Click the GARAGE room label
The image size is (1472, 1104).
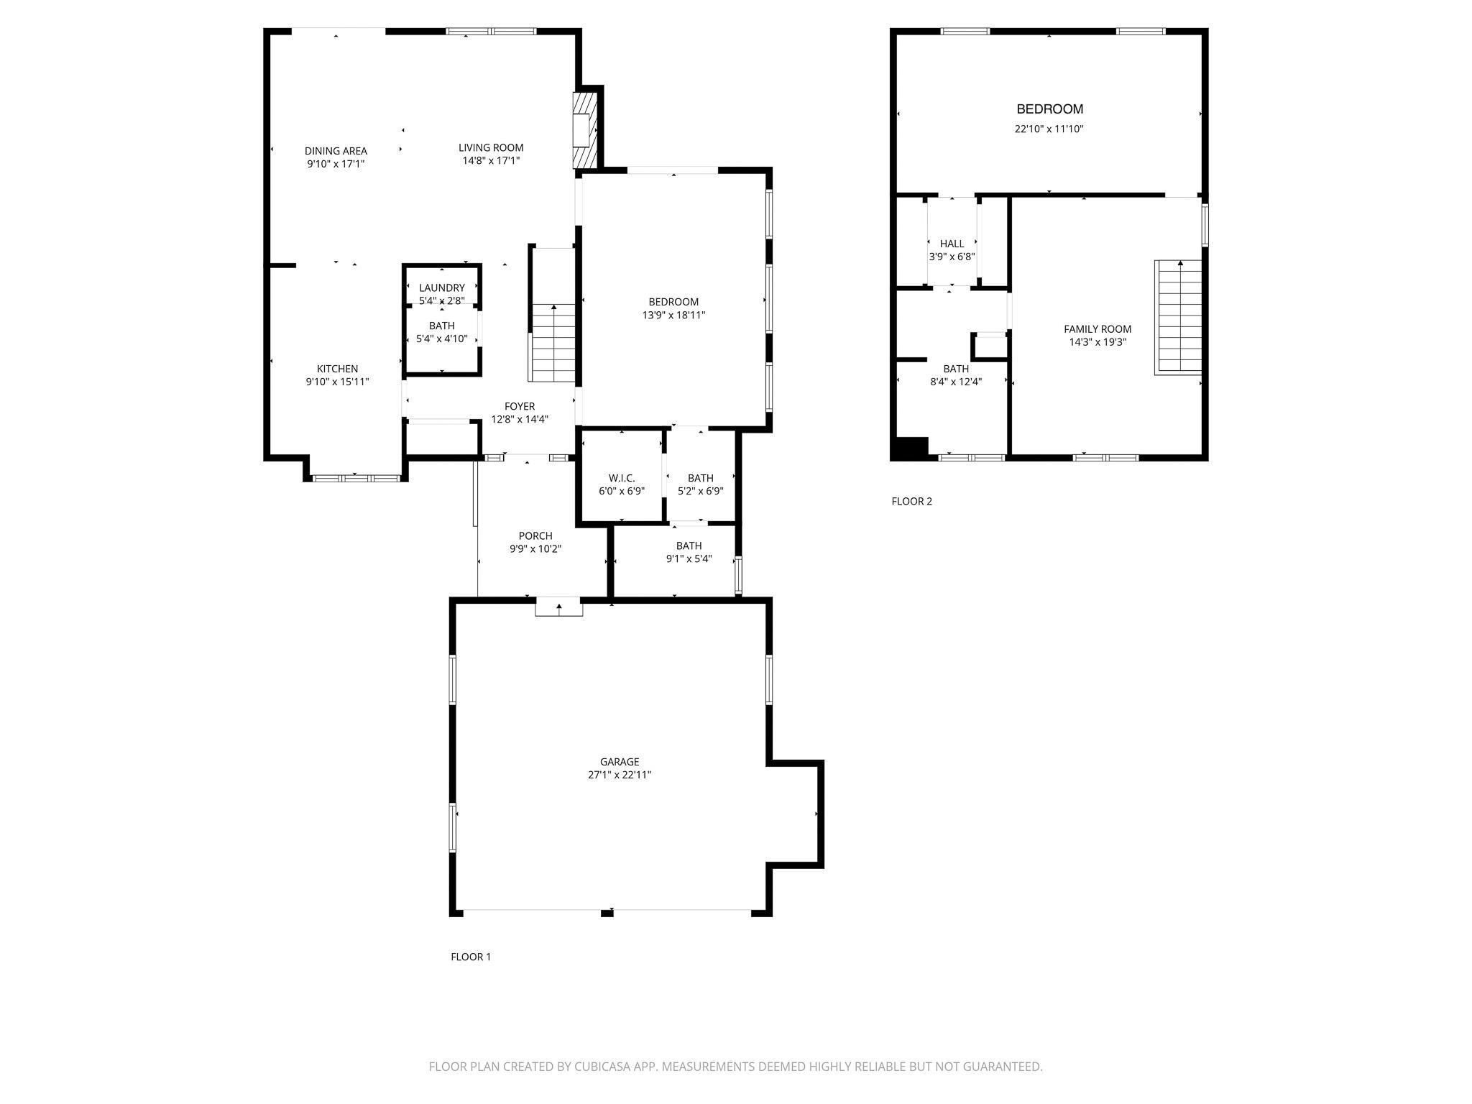619,762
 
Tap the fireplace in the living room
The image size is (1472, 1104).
584,130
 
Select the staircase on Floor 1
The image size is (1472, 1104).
553,342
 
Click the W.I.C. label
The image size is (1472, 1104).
621,478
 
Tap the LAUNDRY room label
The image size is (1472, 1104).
441,288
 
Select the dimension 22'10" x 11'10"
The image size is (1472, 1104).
1049,129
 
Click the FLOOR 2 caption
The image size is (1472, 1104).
911,502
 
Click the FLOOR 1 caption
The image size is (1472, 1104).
470,957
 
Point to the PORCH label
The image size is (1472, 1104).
535,536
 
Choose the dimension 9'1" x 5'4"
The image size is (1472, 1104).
689,558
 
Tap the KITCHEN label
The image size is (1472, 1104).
337,369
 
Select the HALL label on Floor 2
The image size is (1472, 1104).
952,244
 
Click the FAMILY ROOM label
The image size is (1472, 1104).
1097,329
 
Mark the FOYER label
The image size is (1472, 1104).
519,407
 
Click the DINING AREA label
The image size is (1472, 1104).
336,151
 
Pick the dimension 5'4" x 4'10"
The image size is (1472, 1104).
441,339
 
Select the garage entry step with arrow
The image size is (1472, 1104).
558,607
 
